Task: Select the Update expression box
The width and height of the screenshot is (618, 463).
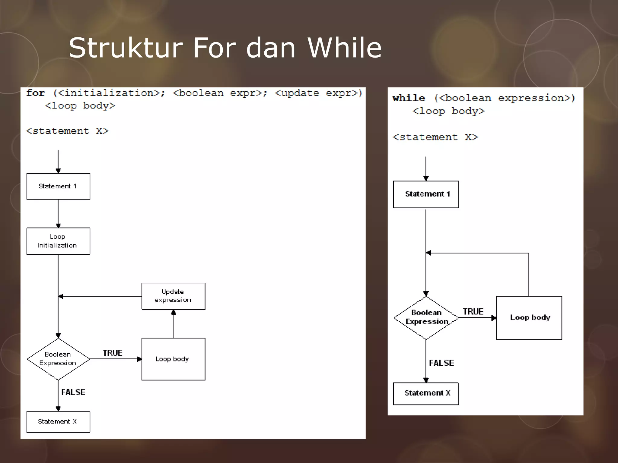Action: (173, 296)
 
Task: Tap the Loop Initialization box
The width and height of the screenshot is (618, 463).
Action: (58, 241)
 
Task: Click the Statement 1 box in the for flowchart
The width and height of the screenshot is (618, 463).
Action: (58, 186)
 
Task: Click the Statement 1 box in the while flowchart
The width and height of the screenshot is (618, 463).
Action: (426, 194)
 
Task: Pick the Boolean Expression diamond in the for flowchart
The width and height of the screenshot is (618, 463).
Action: (58, 359)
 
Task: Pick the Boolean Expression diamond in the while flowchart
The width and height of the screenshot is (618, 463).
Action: (426, 317)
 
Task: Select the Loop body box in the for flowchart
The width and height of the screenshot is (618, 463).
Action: (173, 359)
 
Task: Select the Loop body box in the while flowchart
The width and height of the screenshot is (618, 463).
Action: (529, 318)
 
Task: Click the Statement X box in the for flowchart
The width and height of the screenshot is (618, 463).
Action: (58, 422)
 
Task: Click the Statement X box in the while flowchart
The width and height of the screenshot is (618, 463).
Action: (426, 393)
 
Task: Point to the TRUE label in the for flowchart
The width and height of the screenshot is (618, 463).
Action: (113, 353)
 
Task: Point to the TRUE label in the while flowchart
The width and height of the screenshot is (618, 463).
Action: (473, 312)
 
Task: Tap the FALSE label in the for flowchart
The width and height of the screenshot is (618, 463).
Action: (73, 392)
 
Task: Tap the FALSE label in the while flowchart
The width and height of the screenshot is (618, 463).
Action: (441, 363)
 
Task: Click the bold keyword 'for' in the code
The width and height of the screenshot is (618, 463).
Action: (35, 93)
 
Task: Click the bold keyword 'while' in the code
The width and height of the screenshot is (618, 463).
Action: (409, 98)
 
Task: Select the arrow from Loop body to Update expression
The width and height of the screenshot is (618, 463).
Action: (174, 324)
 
